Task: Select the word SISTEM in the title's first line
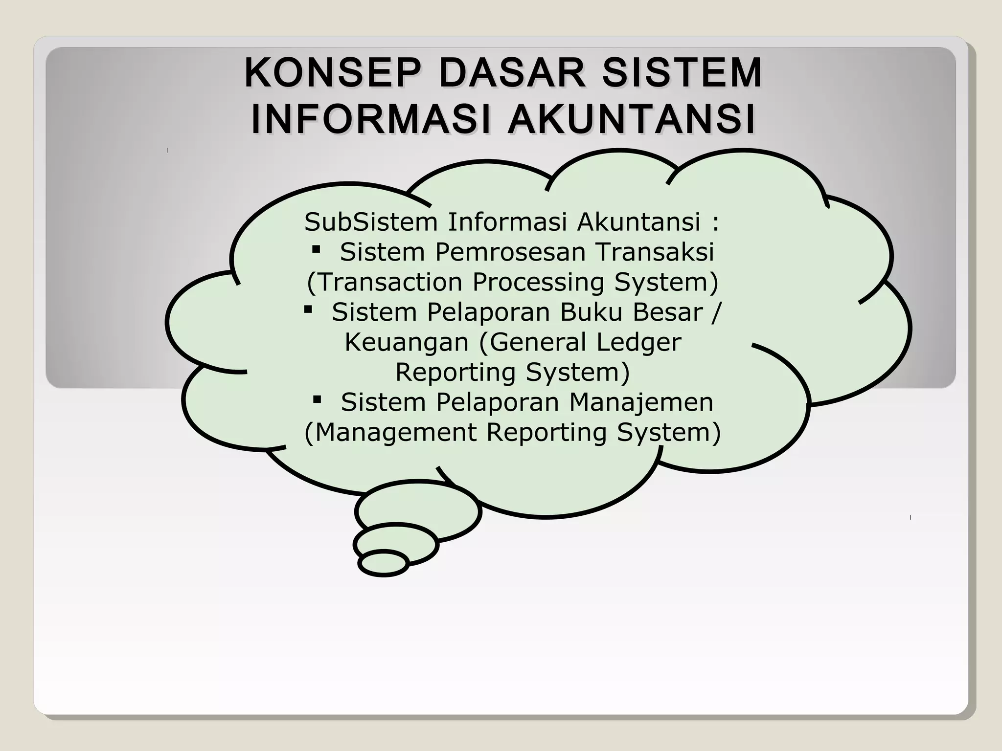(682, 73)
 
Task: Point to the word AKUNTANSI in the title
(632, 119)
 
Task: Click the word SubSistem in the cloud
(370, 222)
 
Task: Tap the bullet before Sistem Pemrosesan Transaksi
(316, 250)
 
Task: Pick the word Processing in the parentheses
(538, 282)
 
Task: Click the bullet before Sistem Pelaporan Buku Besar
(308, 309)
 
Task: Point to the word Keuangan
(407, 342)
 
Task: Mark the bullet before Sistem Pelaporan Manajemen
(317, 400)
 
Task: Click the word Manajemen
(641, 402)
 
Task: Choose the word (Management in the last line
(390, 432)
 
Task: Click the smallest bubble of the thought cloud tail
(384, 563)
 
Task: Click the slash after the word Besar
(717, 312)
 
